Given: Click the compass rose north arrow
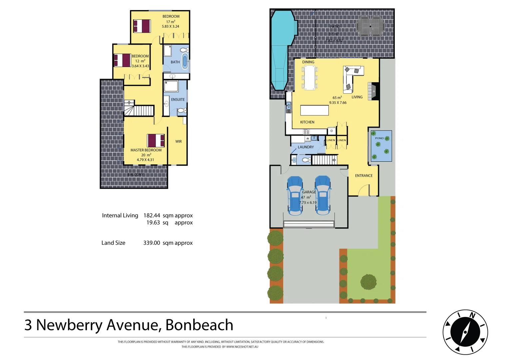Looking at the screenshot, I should click(465, 332).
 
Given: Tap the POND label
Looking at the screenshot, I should click(379, 138).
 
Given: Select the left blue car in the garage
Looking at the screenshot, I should click(295, 196).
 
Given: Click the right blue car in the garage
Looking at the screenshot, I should click(323, 196).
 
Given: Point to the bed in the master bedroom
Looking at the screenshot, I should click(156, 140).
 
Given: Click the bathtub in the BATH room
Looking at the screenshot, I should click(185, 62).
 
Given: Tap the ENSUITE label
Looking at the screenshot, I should click(178, 100).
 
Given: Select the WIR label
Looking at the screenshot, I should click(179, 142).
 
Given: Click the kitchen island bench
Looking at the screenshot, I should click(314, 110).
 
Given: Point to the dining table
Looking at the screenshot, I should click(310, 77).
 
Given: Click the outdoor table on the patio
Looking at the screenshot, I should click(370, 26).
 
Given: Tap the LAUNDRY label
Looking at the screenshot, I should click(306, 147).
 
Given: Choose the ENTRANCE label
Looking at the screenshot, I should click(364, 176).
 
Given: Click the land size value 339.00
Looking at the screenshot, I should click(152, 243).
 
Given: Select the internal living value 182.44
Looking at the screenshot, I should click(152, 216).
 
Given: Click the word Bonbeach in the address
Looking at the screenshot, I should click(199, 325).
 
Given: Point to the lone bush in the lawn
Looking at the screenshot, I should click(368, 282).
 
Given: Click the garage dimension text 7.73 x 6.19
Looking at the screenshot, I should click(308, 203).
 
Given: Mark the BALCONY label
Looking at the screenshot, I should click(136, 175).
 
